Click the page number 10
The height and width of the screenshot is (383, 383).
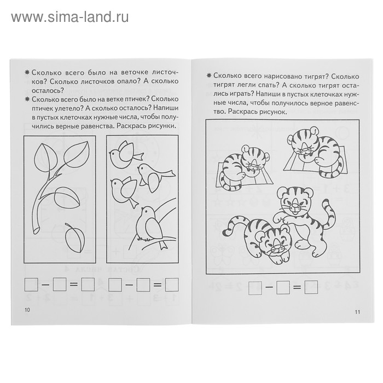click(27, 310)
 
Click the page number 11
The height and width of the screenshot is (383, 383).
click(357, 312)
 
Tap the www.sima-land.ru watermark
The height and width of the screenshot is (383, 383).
click(70, 17)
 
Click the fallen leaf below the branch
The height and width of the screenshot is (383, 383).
click(75, 237)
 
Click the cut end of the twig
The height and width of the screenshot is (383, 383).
click(36, 230)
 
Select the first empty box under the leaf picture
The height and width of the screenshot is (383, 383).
click(31, 285)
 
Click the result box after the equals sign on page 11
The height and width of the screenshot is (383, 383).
click(311, 287)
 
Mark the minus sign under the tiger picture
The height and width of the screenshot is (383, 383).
click(269, 287)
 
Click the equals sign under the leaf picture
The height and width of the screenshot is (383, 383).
click(73, 285)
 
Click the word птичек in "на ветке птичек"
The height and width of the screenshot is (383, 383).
click(135, 99)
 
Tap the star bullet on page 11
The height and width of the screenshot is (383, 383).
click(208, 76)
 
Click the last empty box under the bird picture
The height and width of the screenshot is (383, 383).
click(172, 285)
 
